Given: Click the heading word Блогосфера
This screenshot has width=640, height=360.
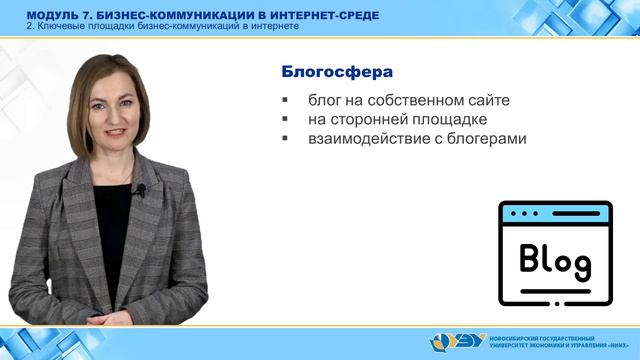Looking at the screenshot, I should (334, 73).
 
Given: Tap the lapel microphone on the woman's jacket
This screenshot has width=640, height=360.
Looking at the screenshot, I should (141, 190).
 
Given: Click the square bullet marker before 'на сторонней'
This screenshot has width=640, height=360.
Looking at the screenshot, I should (286, 120).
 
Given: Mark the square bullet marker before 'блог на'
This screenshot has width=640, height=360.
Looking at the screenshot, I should (286, 101).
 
